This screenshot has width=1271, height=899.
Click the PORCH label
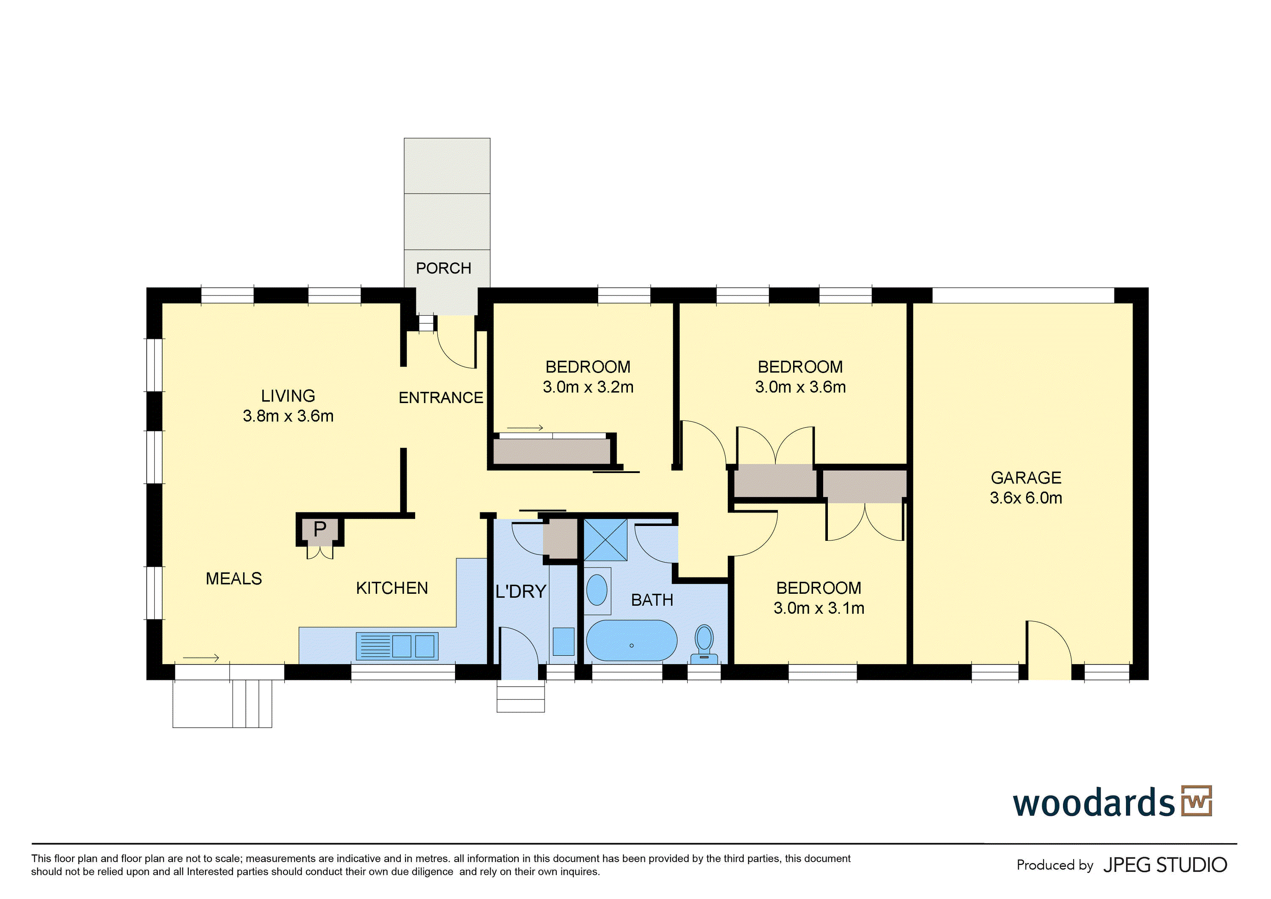click(444, 268)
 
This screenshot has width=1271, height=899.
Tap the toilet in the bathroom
click(704, 644)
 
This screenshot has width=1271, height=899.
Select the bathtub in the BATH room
click(631, 640)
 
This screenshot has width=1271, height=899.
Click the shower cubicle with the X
click(605, 540)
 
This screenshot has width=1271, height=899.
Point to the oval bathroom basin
click(597, 590)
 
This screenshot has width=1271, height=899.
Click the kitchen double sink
click(397, 646)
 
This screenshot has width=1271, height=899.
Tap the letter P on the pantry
click(319, 529)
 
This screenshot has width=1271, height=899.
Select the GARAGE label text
click(1026, 477)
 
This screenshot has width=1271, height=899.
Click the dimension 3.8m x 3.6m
click(288, 416)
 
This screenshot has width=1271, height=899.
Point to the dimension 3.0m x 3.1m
click(819, 608)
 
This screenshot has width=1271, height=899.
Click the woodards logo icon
click(1196, 801)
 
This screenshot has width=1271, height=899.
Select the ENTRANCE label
click(441, 398)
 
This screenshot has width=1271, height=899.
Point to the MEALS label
click(233, 579)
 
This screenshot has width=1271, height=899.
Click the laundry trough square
click(563, 641)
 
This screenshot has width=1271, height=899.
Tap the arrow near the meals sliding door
click(201, 658)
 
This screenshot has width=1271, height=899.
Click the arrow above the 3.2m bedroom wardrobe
click(525, 428)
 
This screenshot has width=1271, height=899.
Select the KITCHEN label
click(392, 588)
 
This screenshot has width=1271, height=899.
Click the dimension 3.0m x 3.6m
click(800, 387)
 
